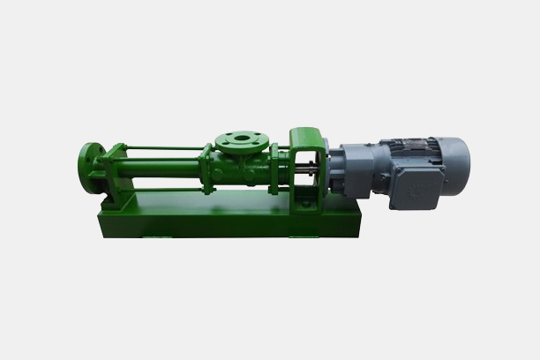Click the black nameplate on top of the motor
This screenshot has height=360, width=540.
point(408,142)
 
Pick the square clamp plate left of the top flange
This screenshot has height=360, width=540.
point(206,167)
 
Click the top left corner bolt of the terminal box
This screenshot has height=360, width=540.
point(395,173)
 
